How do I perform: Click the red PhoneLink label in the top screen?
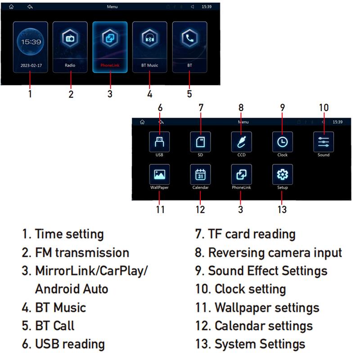(x=110, y=65)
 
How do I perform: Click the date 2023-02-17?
(x=30, y=65)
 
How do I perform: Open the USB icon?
(x=159, y=141)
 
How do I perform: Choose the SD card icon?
(x=200, y=141)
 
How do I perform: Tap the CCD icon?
(x=241, y=141)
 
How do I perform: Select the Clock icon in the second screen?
(x=282, y=141)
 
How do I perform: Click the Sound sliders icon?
(x=323, y=141)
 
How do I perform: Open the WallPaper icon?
(x=159, y=174)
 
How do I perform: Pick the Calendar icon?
(x=200, y=174)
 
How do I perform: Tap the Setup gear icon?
(x=282, y=174)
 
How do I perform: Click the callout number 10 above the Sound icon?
(x=324, y=108)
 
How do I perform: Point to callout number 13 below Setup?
(x=282, y=209)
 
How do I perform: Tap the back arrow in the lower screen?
(x=161, y=122)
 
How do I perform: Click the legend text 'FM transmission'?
(x=82, y=252)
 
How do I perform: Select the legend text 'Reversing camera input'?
(x=275, y=252)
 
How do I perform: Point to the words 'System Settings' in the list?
(x=260, y=344)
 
